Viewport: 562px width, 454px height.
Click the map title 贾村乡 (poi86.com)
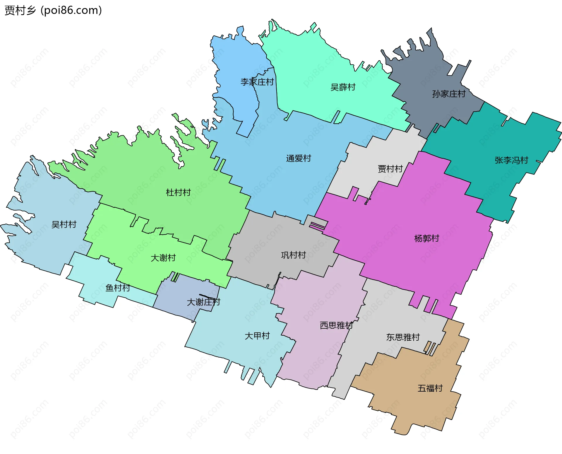pyautogui.click(x=53, y=10)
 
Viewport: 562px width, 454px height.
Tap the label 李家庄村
pyautogui.click(x=257, y=82)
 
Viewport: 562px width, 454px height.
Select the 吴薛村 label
pyautogui.click(x=343, y=87)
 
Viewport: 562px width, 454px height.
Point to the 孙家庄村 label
pyautogui.click(x=449, y=94)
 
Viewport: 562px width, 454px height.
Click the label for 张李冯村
pyautogui.click(x=511, y=160)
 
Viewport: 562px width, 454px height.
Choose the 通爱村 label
pyautogui.click(x=299, y=158)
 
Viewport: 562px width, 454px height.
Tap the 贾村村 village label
pyautogui.click(x=390, y=169)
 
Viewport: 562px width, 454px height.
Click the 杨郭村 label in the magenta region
pyautogui.click(x=427, y=238)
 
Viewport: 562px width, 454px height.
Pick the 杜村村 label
pyautogui.click(x=178, y=192)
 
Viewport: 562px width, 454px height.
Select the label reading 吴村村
pyautogui.click(x=64, y=224)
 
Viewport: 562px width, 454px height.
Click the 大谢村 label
pyautogui.click(x=163, y=258)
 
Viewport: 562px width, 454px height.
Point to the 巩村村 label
pyautogui.click(x=293, y=255)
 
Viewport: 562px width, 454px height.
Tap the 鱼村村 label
pyautogui.click(x=118, y=288)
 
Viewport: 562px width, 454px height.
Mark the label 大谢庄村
pyautogui.click(x=203, y=302)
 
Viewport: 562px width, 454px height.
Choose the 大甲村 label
pyautogui.click(x=257, y=336)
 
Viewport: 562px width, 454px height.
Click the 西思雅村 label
pyautogui.click(x=336, y=325)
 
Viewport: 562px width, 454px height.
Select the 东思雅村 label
pyautogui.click(x=403, y=337)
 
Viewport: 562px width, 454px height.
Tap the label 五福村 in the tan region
pyautogui.click(x=430, y=388)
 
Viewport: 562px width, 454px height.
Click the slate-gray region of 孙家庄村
pyautogui.click(x=424, y=73)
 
